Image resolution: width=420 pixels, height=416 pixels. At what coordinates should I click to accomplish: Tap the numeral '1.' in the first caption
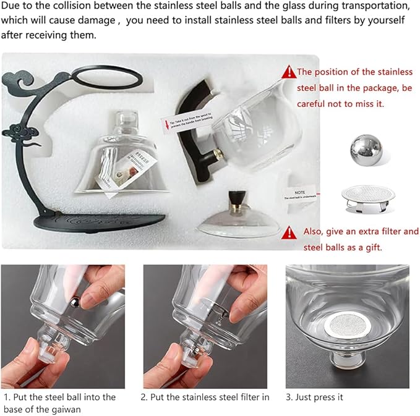[7, 397]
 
